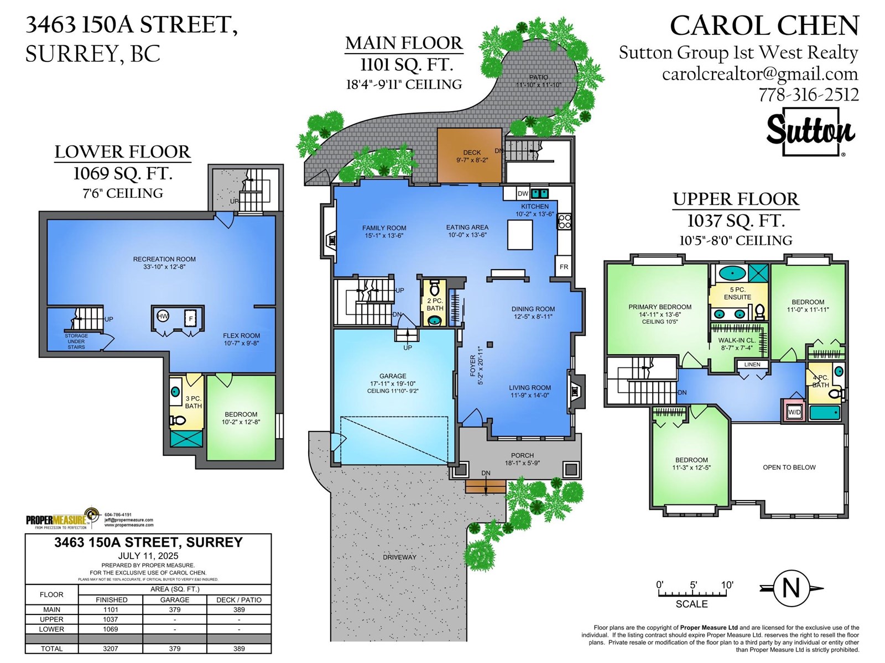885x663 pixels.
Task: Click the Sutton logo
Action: (810, 131)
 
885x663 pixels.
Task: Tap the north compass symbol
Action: (791, 588)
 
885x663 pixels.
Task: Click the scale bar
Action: (693, 593)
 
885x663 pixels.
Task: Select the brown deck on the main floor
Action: (470, 155)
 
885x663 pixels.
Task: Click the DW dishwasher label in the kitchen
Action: (523, 193)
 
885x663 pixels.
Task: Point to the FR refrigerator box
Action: (564, 266)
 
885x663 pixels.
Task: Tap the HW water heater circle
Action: (163, 317)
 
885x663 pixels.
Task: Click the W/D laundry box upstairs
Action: (794, 412)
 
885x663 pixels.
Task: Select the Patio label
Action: (539, 77)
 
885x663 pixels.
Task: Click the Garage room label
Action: (393, 376)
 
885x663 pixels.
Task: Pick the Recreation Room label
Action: (164, 259)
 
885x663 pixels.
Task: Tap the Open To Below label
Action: (789, 467)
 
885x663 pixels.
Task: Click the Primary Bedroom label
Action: (660, 307)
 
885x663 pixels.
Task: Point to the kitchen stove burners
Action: (565, 222)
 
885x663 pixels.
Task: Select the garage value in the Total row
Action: (175, 649)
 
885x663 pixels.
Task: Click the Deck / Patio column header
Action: (239, 600)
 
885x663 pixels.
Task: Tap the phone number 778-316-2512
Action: (809, 95)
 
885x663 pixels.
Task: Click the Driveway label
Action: (399, 557)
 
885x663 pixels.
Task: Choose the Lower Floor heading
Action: (123, 152)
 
